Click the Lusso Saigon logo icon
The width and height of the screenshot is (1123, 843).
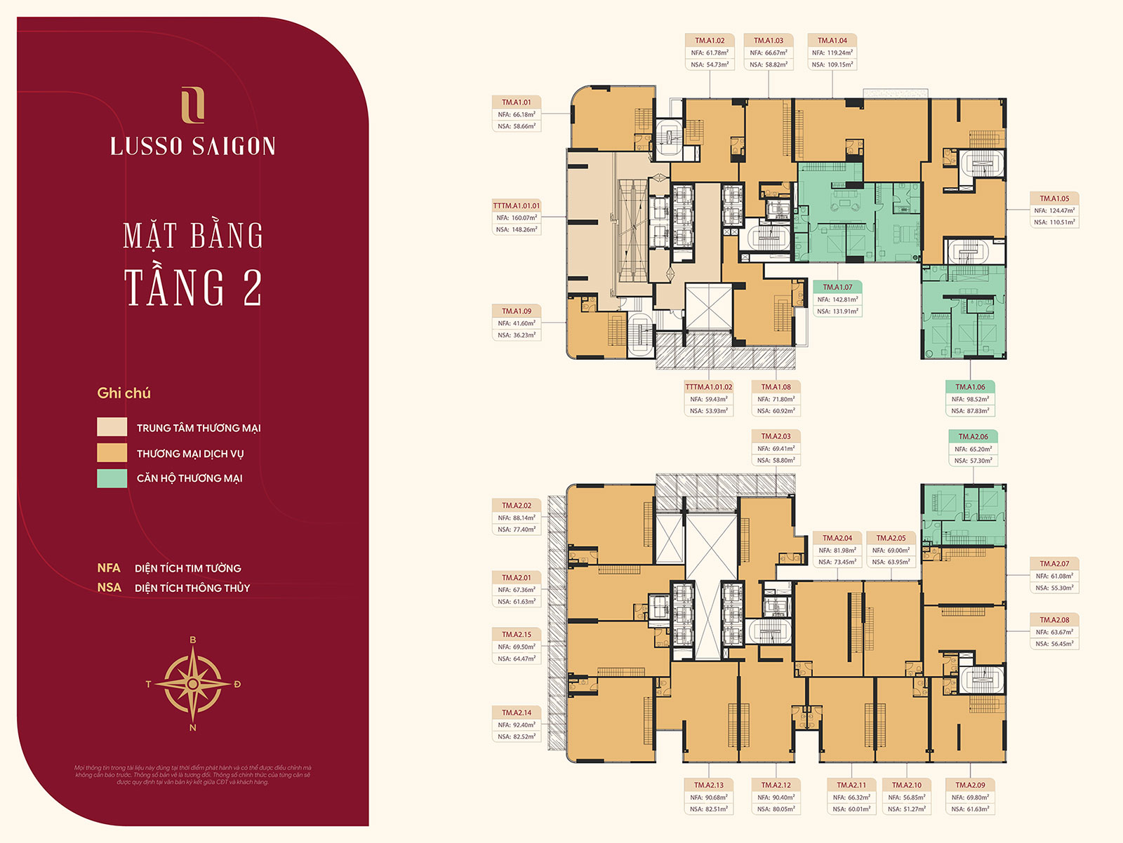tap(192, 105)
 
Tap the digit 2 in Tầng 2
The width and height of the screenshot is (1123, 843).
tap(252, 288)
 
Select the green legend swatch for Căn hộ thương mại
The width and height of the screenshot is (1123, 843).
tap(112, 478)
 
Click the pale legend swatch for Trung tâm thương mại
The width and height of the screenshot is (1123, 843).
tap(112, 427)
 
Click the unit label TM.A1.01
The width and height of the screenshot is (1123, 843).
tap(516, 102)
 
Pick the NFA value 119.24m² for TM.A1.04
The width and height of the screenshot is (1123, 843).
tap(832, 53)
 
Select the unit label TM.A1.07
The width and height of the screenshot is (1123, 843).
tap(837, 288)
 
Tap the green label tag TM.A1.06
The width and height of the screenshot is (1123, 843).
tap(970, 387)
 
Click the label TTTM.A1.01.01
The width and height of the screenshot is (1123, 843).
tap(516, 206)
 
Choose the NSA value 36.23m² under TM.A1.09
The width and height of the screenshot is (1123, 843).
tap(516, 335)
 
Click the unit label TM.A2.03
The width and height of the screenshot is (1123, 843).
tap(776, 436)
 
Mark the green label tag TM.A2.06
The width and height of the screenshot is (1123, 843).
tap(973, 437)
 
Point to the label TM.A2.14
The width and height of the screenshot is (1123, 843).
tap(516, 713)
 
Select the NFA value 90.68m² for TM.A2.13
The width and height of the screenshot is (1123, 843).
tap(708, 797)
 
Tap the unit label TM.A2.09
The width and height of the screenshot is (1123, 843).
tap(970, 785)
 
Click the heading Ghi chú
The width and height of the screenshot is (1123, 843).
tap(124, 393)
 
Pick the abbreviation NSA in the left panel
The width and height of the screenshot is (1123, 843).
tap(109, 588)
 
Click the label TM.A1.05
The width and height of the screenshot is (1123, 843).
tap(1054, 198)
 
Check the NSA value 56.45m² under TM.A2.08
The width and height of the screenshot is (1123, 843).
tap(1054, 644)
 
